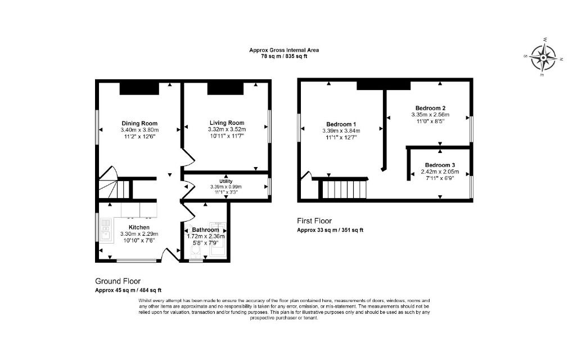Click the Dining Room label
point(139,123)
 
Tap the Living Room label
point(227,123)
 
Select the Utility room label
point(226,181)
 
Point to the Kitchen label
point(139,227)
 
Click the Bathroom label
point(205,229)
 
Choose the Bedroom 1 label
point(341,124)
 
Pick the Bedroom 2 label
point(430,108)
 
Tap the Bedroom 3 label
point(440,165)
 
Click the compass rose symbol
point(543,57)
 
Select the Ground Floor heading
point(118,281)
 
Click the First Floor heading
point(314,220)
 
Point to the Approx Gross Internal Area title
point(284,50)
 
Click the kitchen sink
point(106,230)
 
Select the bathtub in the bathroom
point(218,240)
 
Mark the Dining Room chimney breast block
point(139,89)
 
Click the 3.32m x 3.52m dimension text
point(227,129)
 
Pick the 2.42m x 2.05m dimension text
point(440,172)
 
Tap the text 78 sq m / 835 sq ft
point(284,56)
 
